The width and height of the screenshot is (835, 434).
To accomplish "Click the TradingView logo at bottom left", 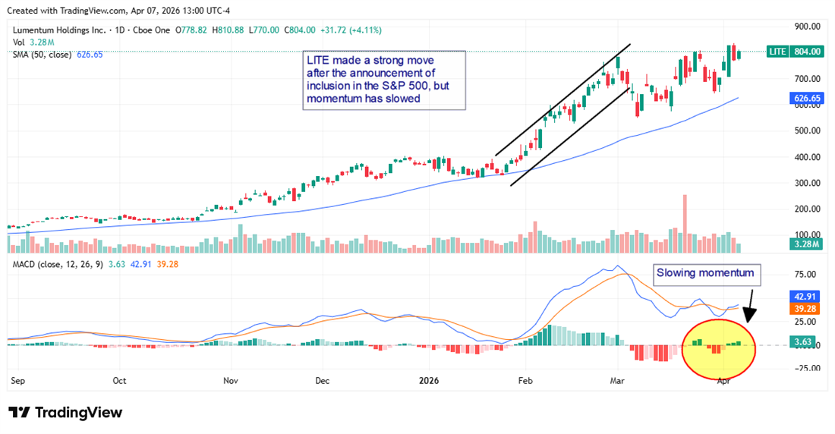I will tap(65, 412).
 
